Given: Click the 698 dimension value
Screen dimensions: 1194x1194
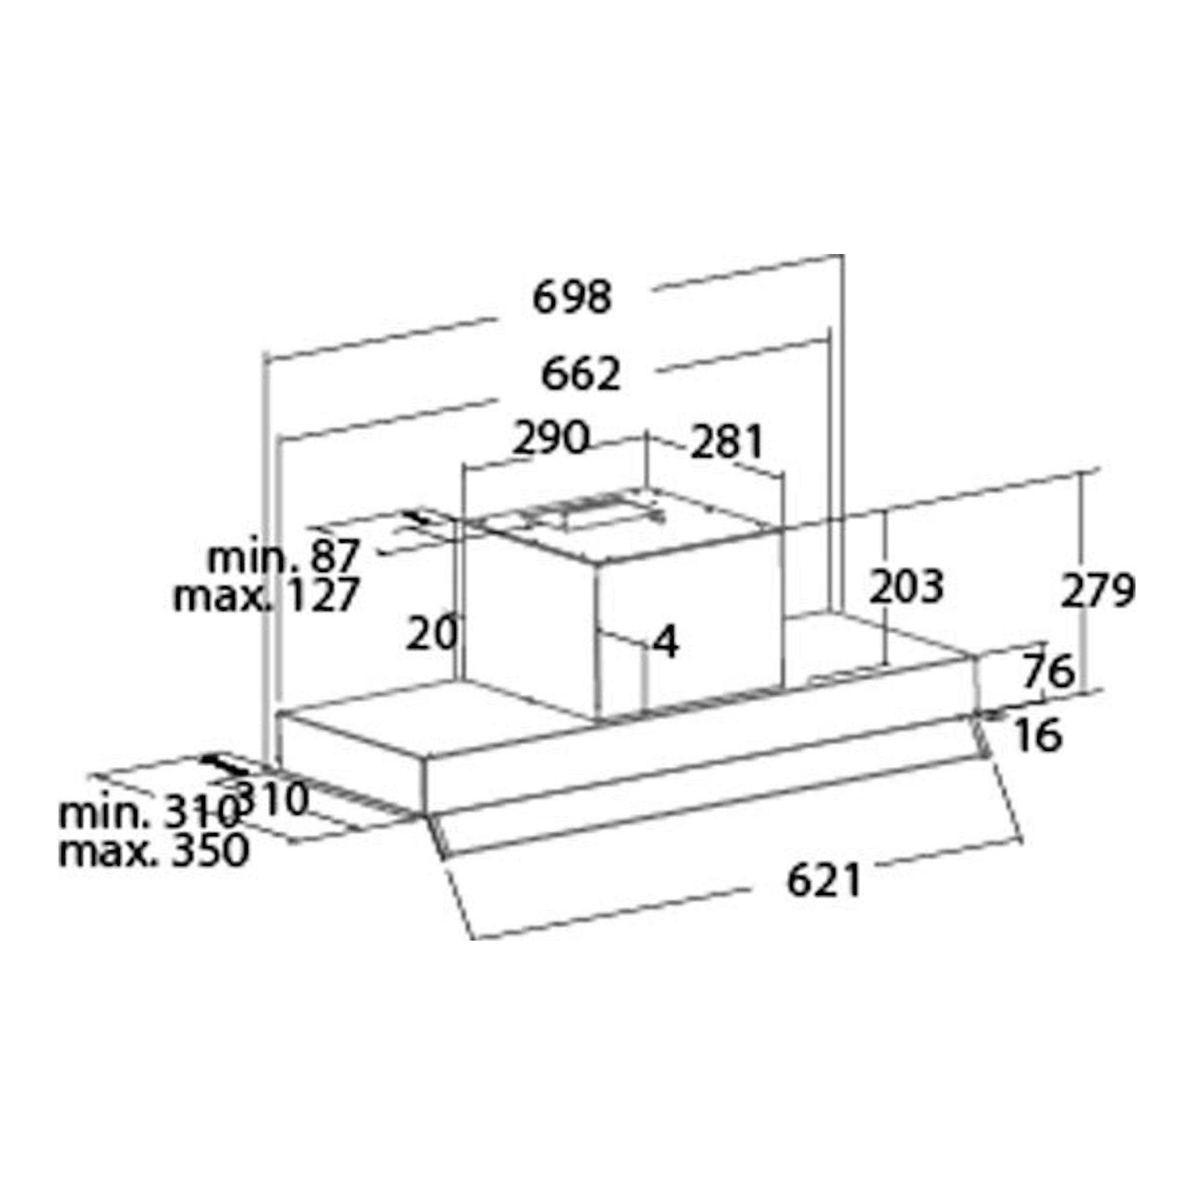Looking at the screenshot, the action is coord(572,297).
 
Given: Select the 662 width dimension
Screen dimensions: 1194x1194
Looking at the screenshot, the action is coord(580,374).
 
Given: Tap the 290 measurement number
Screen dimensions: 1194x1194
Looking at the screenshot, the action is coord(551,438).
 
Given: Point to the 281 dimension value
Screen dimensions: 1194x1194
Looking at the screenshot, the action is coord(727,442).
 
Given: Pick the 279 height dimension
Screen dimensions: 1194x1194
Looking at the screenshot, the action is coord(1097,591).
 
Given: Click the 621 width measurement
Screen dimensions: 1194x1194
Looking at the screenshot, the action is coord(824,881).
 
